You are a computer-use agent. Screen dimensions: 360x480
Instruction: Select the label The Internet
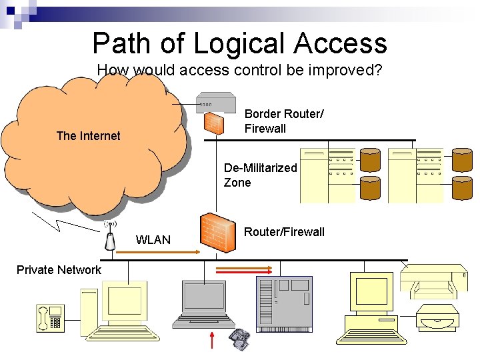point(88,136)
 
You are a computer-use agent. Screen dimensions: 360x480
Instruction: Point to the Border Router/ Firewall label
point(284,121)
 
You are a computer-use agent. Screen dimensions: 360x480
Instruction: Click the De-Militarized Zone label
point(260,175)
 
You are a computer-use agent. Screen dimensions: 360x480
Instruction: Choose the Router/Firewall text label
point(284,232)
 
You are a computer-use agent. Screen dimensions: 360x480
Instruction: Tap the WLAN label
point(153,240)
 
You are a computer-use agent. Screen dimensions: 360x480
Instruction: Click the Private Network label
point(59,270)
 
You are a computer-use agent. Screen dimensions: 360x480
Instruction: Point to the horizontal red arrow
point(243,270)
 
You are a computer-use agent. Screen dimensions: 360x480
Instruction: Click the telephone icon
point(51,318)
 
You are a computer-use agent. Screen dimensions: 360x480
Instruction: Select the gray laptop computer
point(203,303)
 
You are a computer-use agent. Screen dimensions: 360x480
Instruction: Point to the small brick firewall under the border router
point(213,123)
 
